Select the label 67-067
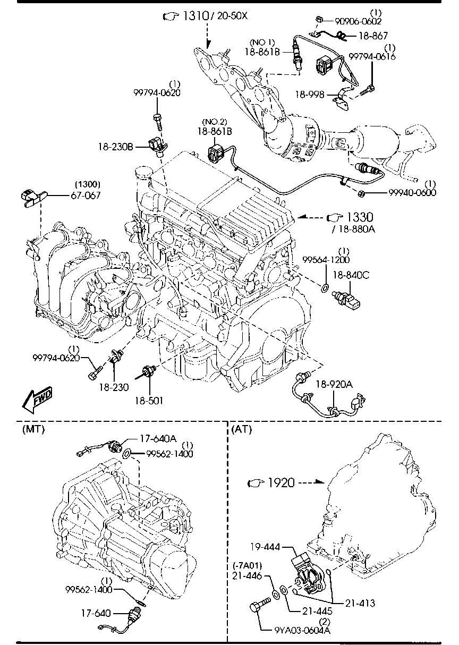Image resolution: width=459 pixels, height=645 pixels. click(86, 195)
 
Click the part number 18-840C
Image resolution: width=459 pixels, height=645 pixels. click(351, 275)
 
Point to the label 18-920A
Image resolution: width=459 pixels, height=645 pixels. click(335, 384)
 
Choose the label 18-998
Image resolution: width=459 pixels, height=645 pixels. click(310, 95)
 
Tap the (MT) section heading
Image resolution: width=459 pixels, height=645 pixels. click(33, 429)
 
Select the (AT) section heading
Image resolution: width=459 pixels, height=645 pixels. click(242, 429)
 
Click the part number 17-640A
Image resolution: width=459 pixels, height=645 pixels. click(158, 439)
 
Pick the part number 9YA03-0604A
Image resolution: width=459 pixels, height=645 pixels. click(302, 630)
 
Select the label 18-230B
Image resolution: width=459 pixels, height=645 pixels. click(115, 146)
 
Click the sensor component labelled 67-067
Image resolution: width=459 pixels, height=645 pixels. click(32, 197)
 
